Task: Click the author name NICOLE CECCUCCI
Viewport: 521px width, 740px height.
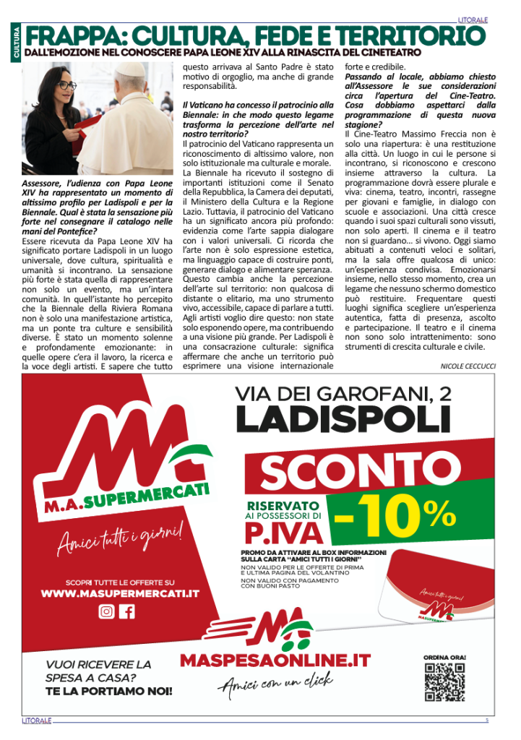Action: pyautogui.click(x=468, y=367)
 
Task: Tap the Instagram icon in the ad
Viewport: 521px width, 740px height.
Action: pyautogui.click(x=106, y=611)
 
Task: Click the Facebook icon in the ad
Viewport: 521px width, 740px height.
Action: pyautogui.click(x=127, y=611)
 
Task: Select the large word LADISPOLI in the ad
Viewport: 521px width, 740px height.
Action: pyautogui.click(x=339, y=421)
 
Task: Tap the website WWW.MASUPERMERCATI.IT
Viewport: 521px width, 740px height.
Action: pyautogui.click(x=120, y=594)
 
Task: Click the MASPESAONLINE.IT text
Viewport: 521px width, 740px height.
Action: pyautogui.click(x=275, y=661)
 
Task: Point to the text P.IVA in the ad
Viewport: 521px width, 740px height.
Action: pyautogui.click(x=283, y=533)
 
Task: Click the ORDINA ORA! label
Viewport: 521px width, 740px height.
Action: pyautogui.click(x=444, y=657)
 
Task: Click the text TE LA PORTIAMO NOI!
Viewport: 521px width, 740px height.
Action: pyautogui.click(x=109, y=692)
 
